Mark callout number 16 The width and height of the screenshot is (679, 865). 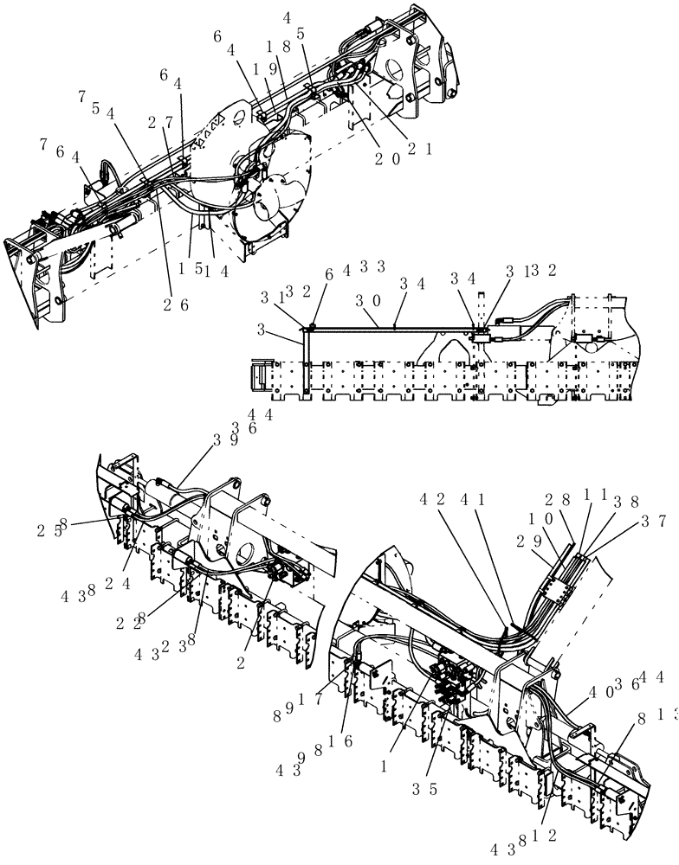tap(347, 741)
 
